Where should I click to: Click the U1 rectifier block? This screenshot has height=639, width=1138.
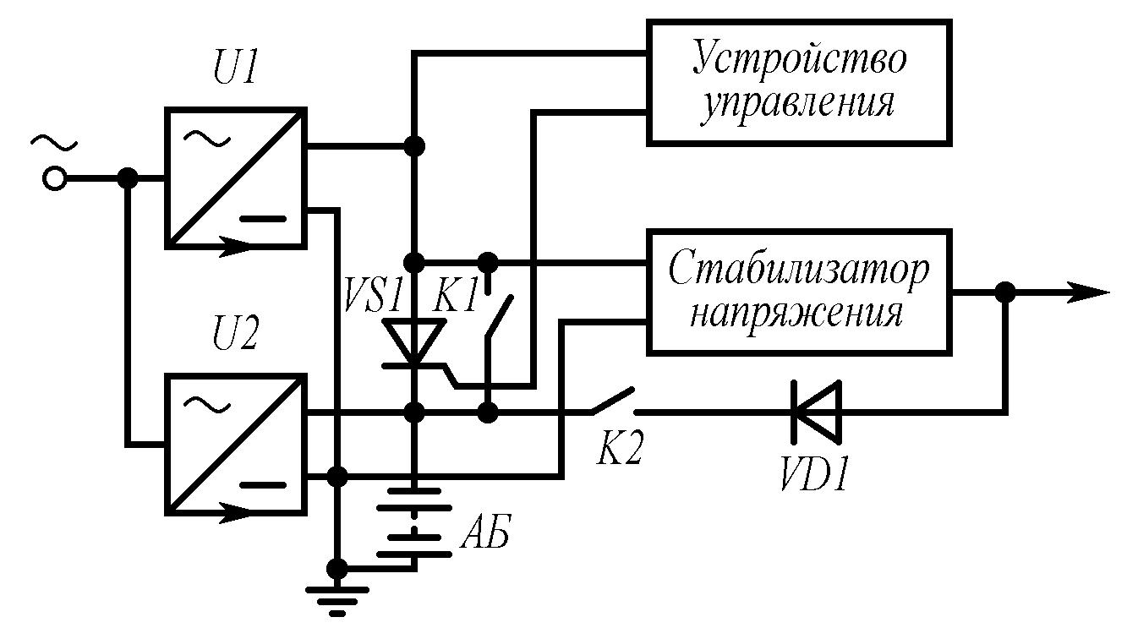(x=235, y=177)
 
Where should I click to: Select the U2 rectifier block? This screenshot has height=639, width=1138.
(x=235, y=445)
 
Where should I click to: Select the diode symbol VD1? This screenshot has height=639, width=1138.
(x=817, y=412)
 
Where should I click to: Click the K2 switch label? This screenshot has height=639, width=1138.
(x=621, y=451)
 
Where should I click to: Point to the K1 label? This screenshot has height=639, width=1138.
(x=456, y=297)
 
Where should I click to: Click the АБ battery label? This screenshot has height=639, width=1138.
(x=486, y=536)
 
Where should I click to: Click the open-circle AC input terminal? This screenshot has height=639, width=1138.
(x=55, y=178)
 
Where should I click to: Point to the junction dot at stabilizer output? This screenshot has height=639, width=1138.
(x=1004, y=292)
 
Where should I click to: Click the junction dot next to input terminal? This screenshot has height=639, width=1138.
(x=128, y=178)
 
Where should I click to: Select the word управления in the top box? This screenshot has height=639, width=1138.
(x=800, y=103)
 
